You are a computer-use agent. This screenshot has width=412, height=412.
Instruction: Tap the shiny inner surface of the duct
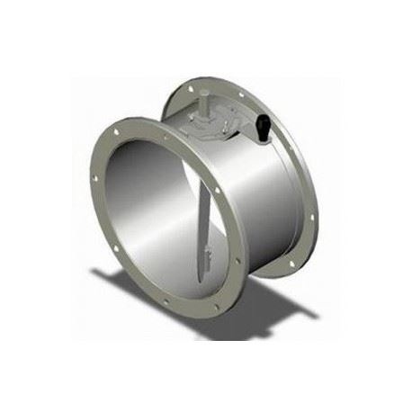(x=153, y=216)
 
